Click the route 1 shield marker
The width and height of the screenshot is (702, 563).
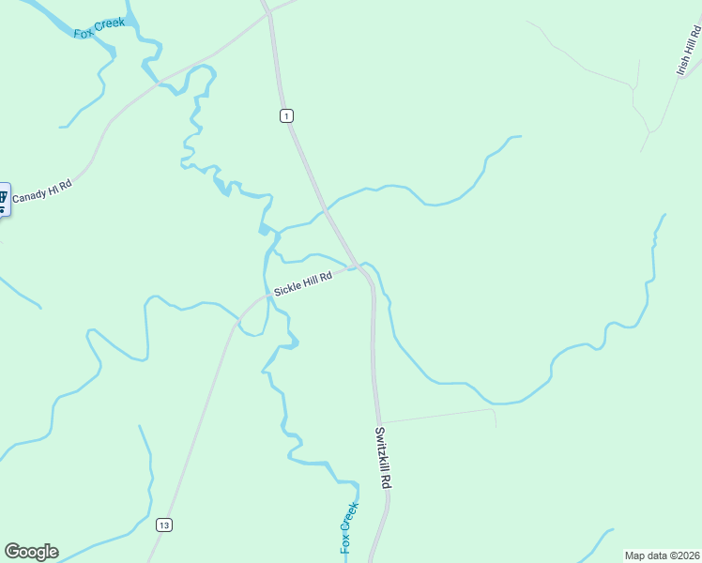click(x=286, y=115)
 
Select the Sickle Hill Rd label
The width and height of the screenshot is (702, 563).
click(x=303, y=282)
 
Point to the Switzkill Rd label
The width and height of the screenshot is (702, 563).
click(x=382, y=458)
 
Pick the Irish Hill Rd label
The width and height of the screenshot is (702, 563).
click(x=688, y=51)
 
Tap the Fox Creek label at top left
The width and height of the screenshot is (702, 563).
click(x=99, y=28)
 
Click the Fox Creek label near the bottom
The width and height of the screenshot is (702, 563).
click(x=348, y=527)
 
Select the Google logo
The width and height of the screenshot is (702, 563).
click(x=31, y=552)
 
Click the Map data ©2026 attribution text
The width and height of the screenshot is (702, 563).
click(x=662, y=555)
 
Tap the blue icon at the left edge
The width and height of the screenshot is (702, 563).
click(x=3, y=198)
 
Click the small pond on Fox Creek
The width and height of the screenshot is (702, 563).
click(x=265, y=229)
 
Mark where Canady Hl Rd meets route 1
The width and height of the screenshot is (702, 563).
click(x=270, y=12)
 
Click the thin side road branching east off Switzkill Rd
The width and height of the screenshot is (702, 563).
click(x=436, y=415)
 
